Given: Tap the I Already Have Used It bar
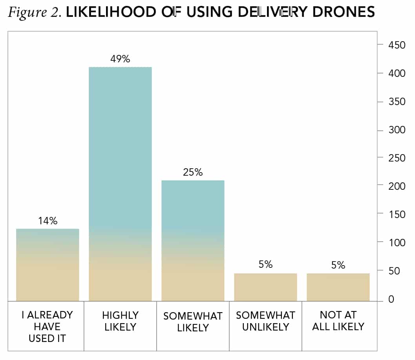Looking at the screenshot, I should [x=48, y=265].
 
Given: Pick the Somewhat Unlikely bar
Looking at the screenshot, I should [x=265, y=287].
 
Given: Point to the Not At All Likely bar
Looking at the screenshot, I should [x=338, y=287].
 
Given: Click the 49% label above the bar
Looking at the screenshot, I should [x=120, y=59].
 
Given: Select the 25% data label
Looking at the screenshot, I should [x=193, y=172].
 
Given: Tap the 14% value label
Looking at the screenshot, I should [x=48, y=221].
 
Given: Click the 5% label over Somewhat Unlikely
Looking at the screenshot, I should [x=265, y=265].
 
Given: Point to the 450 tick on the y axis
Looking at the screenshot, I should [x=397, y=45].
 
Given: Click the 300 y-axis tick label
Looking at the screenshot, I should [x=397, y=130].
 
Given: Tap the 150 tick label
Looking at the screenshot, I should [x=397, y=215].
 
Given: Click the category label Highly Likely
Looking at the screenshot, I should [x=120, y=321].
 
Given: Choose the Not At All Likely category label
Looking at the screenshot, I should [x=338, y=321].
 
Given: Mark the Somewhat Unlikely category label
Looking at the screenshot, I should [x=265, y=321].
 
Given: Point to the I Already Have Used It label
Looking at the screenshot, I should [x=48, y=326].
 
